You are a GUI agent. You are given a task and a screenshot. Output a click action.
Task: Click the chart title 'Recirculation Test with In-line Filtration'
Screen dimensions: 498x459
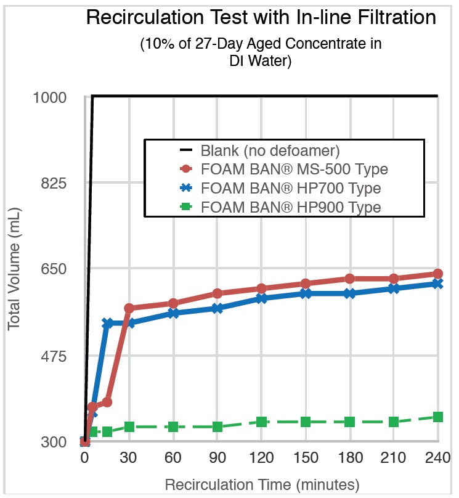pyautogui.click(x=261, y=17)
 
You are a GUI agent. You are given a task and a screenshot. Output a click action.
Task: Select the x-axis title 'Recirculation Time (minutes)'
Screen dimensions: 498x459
pyautogui.click(x=261, y=484)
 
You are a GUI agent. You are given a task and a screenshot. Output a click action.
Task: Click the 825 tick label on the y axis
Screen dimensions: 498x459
pyautogui.click(x=59, y=184)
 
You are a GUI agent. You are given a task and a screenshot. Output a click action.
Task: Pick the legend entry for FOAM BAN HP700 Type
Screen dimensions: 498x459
pyautogui.click(x=290, y=188)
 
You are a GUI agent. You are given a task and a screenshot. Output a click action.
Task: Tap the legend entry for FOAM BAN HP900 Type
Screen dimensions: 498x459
pyautogui.click(x=290, y=207)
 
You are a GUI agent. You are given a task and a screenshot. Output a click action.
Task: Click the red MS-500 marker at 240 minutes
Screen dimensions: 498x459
pyautogui.click(x=437, y=274)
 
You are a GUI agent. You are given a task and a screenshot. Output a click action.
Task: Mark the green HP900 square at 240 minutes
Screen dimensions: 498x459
pyautogui.click(x=437, y=417)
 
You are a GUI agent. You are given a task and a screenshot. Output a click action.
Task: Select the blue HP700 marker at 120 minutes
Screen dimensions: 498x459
pyautogui.click(x=261, y=298)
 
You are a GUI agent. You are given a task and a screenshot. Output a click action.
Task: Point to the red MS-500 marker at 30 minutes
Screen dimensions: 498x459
pyautogui.click(x=129, y=308)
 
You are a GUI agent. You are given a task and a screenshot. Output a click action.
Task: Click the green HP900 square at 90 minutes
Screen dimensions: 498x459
pyautogui.click(x=217, y=427)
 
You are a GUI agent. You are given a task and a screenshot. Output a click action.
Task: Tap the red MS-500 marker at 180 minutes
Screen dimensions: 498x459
pyautogui.click(x=349, y=279)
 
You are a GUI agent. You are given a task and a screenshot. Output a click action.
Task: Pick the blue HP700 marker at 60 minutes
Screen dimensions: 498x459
pyautogui.click(x=174, y=313)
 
